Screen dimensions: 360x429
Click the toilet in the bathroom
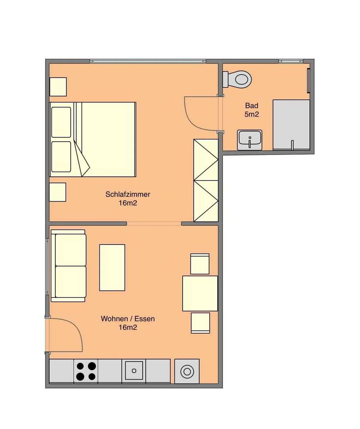coord(237,79)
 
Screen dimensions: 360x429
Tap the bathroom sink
coord(249,140)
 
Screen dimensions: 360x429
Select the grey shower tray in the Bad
coord(291,125)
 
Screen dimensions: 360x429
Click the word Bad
coord(252,106)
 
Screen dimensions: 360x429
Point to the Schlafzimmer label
coord(128,194)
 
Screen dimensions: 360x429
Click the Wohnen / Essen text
coord(128,319)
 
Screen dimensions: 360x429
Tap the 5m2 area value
coord(252,115)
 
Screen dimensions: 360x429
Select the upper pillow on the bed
coord(61,122)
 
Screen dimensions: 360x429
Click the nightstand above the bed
coord(58,87)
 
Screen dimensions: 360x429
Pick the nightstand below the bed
coord(58,192)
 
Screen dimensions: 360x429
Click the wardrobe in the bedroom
coord(206,180)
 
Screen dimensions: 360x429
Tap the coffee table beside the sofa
coord(112,268)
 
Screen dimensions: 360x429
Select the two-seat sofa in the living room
coord(69,266)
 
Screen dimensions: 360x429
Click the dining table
coord(200,293)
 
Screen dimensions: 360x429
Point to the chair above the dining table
coord(200,264)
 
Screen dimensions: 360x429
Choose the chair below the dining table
coord(201,323)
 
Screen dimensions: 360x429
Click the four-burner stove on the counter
coord(86,371)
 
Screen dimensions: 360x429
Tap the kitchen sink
coord(134,371)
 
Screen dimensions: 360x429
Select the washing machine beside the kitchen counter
coord(187,371)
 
